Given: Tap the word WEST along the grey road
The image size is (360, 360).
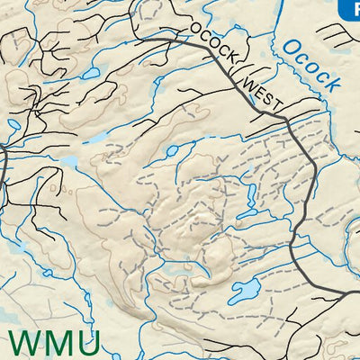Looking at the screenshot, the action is point(259,93).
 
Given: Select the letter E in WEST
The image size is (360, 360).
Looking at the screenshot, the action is point(256,90).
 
